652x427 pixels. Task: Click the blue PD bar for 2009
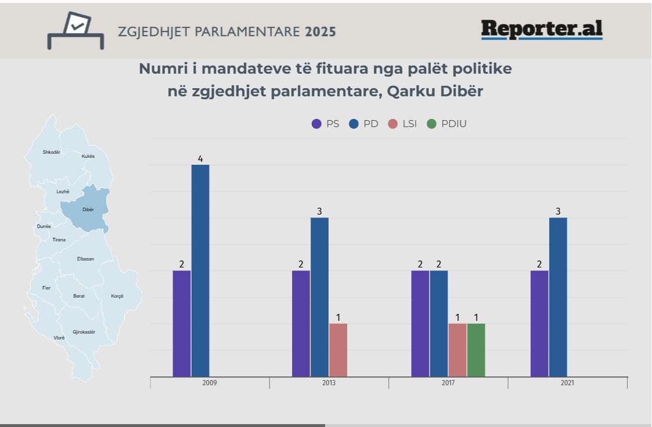point(200,270)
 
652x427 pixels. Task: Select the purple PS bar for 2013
point(301,323)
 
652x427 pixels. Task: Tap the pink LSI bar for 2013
point(338,350)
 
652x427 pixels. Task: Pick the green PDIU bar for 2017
point(476,350)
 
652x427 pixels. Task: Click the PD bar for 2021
point(558,297)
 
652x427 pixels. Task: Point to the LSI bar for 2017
point(458,350)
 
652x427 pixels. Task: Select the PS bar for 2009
point(182,323)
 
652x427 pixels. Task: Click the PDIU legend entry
point(446,124)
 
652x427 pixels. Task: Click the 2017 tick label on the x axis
point(448,383)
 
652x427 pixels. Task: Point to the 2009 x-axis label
point(210,383)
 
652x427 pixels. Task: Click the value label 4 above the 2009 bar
point(200,158)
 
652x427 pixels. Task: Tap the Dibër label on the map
point(88,209)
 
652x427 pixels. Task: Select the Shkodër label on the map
point(51,152)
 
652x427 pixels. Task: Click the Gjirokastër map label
point(84,332)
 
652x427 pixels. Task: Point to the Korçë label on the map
point(117,296)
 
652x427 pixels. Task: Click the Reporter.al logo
point(541,29)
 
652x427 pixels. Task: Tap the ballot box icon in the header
point(75,31)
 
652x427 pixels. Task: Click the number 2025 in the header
point(320,31)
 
